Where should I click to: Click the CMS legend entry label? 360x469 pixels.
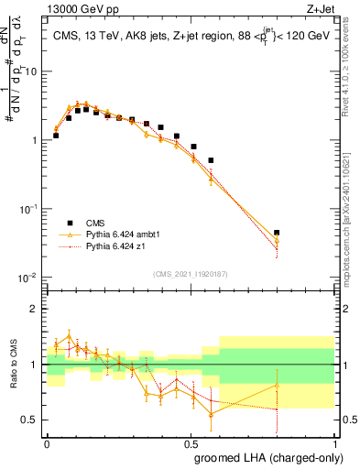coord(94,223)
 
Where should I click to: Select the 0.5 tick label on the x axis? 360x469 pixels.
coord(191,442)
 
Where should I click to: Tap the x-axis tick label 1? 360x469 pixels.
coord(335,442)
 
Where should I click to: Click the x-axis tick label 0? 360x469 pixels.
coord(48,442)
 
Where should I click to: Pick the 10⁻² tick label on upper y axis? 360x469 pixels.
coord(29,278)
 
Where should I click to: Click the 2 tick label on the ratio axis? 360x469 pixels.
coord(37,309)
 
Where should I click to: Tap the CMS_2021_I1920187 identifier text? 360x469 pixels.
coord(191,275)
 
